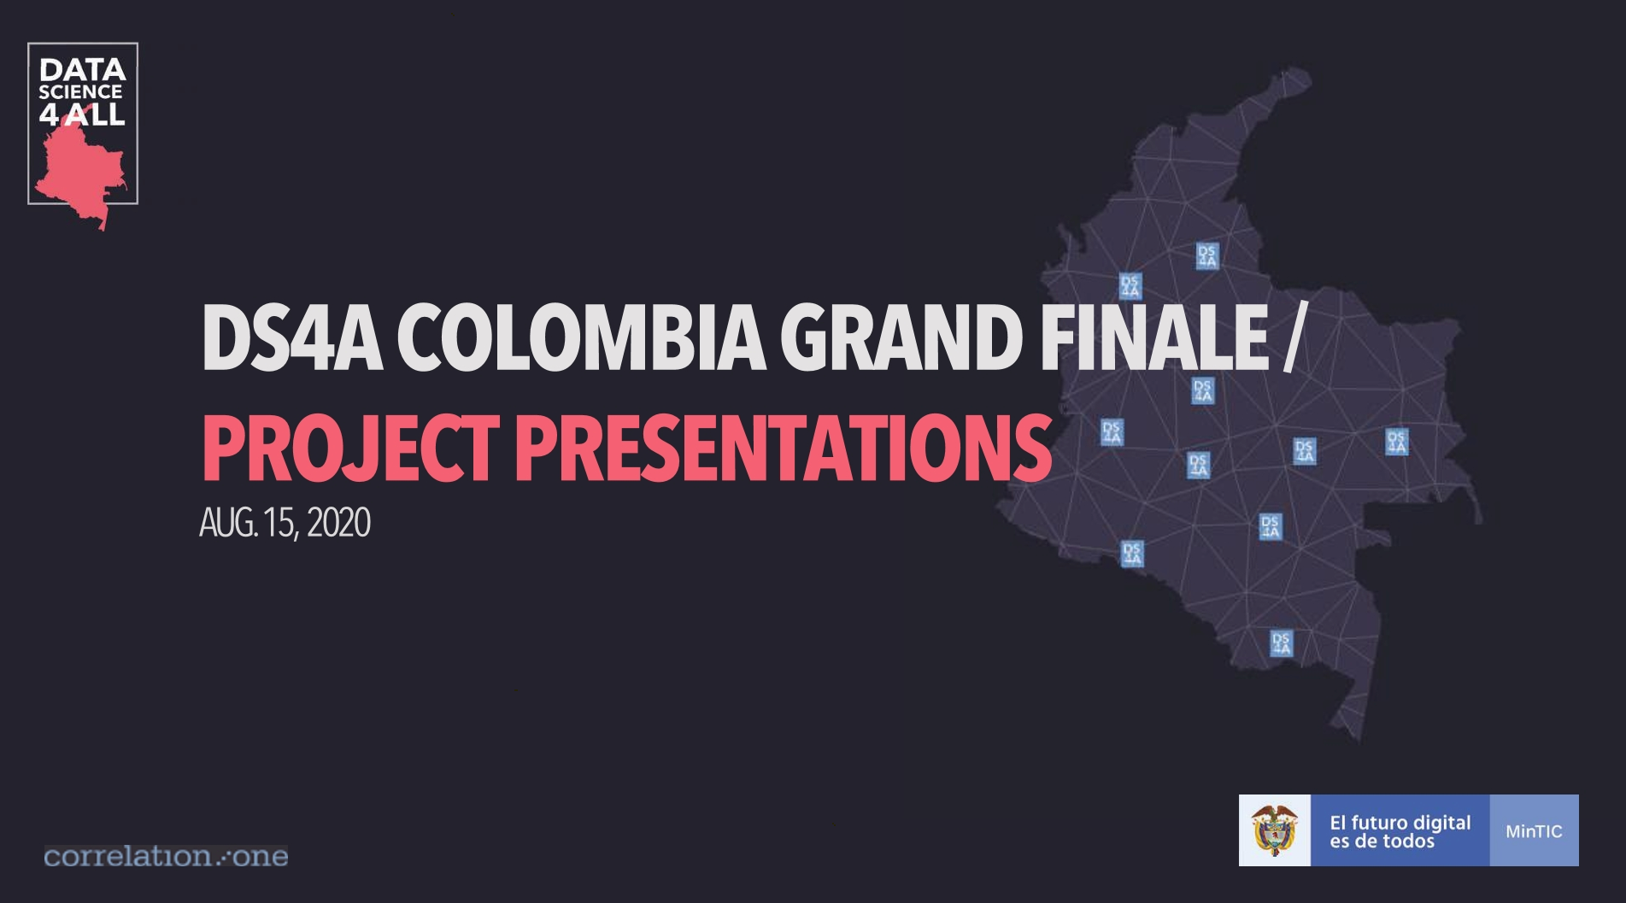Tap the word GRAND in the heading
click(901, 338)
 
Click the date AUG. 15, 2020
click(285, 523)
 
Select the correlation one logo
click(166, 856)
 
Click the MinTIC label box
click(1534, 831)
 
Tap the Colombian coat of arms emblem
click(1274, 830)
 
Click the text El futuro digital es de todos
click(1400, 831)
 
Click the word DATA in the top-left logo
click(82, 70)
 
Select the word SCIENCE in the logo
click(80, 92)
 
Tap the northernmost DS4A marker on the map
click(1206, 255)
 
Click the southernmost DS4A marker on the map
click(1281, 642)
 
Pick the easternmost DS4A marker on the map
click(1396, 442)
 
